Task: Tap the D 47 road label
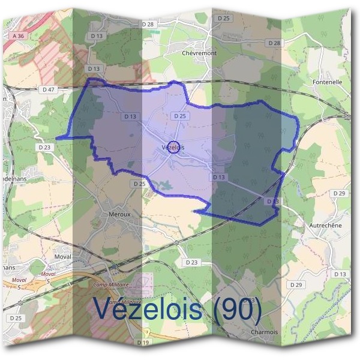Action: (x=49, y=89)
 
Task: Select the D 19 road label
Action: (x=143, y=343)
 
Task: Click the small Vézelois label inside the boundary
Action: (x=173, y=147)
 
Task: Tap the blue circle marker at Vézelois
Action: (x=173, y=147)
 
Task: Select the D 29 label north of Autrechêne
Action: (x=339, y=193)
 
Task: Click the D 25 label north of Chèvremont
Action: (x=224, y=19)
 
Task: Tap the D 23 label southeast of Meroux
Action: (x=191, y=262)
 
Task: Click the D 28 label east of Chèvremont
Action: (x=274, y=43)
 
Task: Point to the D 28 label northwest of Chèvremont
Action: (x=148, y=23)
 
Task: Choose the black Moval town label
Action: (x=62, y=256)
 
